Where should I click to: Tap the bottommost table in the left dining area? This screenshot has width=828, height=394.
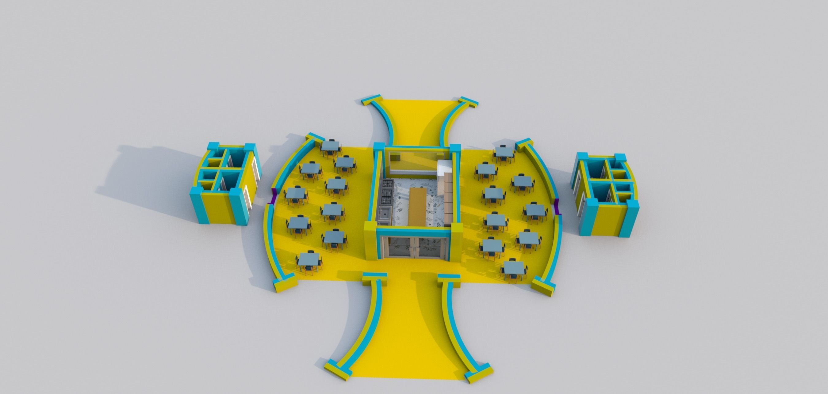click(309, 259)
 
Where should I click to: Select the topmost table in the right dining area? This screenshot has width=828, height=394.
click(504, 151)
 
